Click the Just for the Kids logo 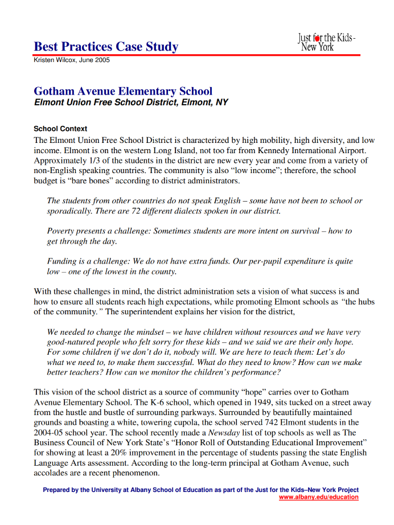[327, 42]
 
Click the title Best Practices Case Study [106, 47]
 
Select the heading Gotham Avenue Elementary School [123, 91]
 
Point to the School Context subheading [60, 129]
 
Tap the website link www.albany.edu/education [319, 497]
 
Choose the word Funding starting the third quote [63, 261]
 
